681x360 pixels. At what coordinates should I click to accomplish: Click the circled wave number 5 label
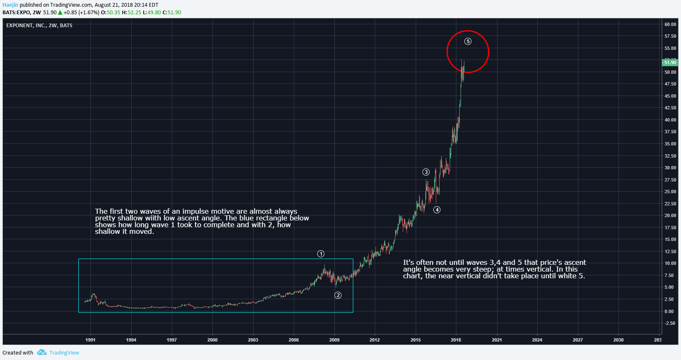tap(468, 41)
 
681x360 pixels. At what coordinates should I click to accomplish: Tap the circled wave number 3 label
tap(426, 172)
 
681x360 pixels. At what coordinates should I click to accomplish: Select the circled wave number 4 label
tap(437, 210)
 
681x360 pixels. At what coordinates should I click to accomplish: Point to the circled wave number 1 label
tap(321, 254)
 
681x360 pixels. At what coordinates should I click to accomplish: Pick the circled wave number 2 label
tap(338, 295)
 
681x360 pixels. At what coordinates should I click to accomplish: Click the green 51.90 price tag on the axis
tap(670, 62)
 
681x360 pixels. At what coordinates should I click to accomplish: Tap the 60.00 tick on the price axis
tap(670, 24)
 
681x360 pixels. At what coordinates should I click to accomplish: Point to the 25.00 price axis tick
tap(670, 192)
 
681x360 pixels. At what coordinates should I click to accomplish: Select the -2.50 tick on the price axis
tap(670, 323)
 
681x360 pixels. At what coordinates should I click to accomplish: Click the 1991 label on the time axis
tap(91, 340)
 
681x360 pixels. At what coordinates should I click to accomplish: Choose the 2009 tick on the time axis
tap(334, 340)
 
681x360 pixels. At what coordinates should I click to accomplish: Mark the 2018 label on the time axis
tap(456, 340)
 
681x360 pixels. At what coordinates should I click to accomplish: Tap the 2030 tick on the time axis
tap(619, 340)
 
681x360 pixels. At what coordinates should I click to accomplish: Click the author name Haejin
tap(10, 5)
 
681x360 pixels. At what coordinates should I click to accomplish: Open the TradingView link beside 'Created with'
tap(64, 353)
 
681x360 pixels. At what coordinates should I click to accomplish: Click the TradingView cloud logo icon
tap(41, 352)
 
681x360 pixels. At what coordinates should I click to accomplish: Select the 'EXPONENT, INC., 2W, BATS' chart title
tap(39, 26)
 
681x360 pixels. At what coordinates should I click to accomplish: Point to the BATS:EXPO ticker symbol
tap(16, 13)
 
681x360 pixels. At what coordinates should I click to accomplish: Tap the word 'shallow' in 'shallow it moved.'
tap(107, 231)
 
